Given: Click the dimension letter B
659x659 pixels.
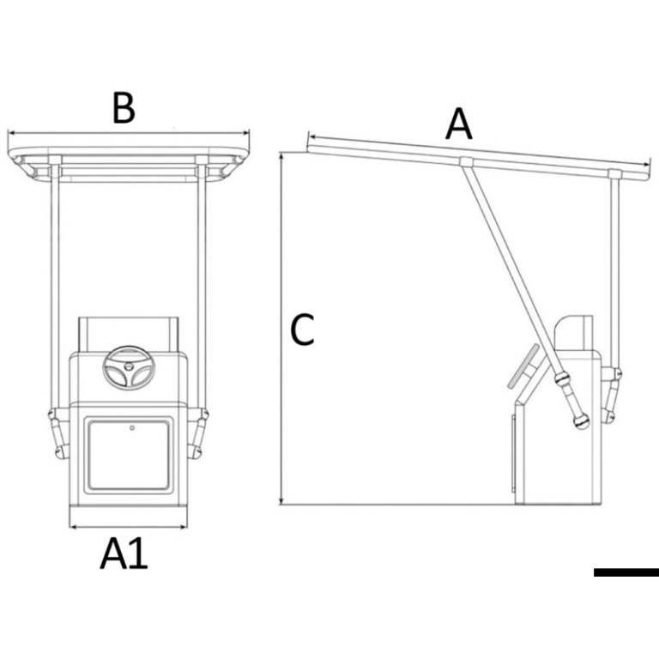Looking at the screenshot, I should click(x=124, y=109).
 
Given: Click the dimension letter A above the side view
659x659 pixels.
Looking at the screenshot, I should click(x=459, y=125).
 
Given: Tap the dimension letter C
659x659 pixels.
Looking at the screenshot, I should click(x=302, y=329).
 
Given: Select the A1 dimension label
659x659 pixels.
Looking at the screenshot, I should click(x=124, y=554).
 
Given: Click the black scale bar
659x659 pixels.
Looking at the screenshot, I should click(x=626, y=571).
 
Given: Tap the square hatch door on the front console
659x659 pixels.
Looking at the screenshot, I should click(x=129, y=453).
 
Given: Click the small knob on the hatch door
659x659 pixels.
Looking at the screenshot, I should click(x=132, y=426).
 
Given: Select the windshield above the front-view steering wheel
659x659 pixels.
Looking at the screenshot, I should click(x=128, y=330).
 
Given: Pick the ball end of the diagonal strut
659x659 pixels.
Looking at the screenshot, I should click(x=583, y=421).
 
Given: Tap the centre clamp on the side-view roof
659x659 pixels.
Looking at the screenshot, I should click(x=464, y=161).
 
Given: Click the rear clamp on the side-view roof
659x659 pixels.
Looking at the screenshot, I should click(x=614, y=174).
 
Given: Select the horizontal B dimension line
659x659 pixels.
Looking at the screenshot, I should click(x=128, y=133).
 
